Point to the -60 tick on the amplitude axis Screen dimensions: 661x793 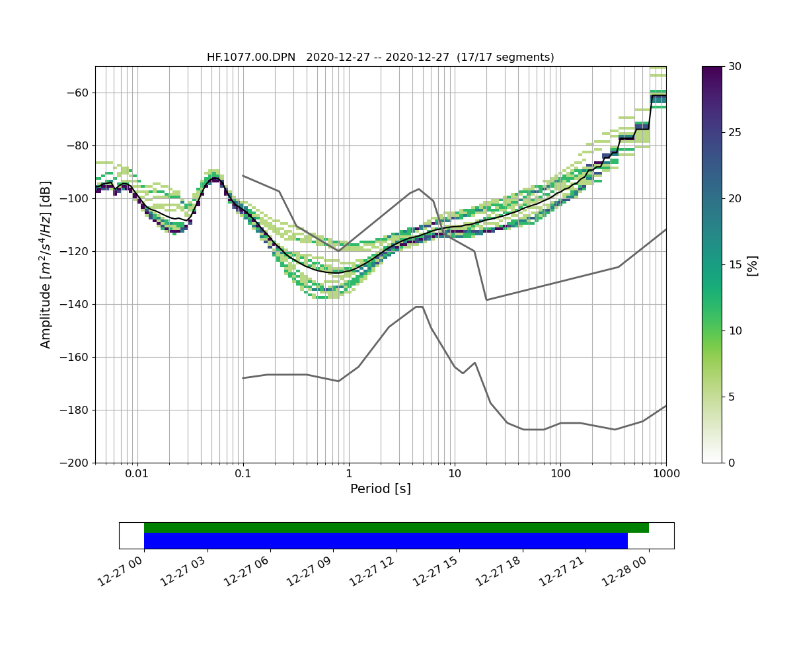click(79, 93)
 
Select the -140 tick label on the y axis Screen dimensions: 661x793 click(76, 304)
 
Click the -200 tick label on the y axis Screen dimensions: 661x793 click(76, 463)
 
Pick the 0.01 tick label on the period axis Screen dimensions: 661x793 click(137, 474)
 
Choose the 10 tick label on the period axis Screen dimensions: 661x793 click(454, 474)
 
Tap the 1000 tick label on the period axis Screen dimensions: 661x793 click(665, 474)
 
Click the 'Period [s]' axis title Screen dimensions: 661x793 click(380, 489)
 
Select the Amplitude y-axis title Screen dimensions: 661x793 click(46, 264)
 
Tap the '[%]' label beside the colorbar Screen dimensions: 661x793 click(752, 264)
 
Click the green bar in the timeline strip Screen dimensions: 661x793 click(396, 527)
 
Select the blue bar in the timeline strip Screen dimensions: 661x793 click(385, 541)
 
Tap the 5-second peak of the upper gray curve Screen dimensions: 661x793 click(419, 189)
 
